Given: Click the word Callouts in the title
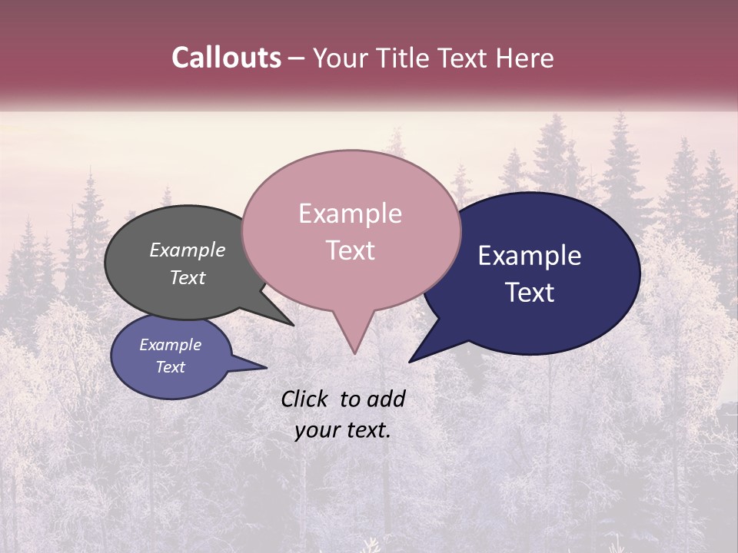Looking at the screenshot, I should point(226,58).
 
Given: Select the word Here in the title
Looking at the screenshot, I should point(524,58).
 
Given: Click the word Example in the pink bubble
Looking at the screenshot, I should point(350,214).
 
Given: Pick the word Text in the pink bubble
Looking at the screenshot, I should point(350,250).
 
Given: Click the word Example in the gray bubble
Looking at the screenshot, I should point(188,250).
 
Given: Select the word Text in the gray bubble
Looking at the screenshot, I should point(188,278).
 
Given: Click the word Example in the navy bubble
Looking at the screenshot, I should point(530,256).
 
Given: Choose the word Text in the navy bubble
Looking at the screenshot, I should point(530,293).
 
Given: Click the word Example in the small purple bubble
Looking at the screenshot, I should point(170,345).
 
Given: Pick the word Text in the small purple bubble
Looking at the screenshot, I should point(170,367).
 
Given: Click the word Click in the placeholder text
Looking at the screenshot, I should point(305,399).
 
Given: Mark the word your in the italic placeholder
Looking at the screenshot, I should point(315,430).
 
